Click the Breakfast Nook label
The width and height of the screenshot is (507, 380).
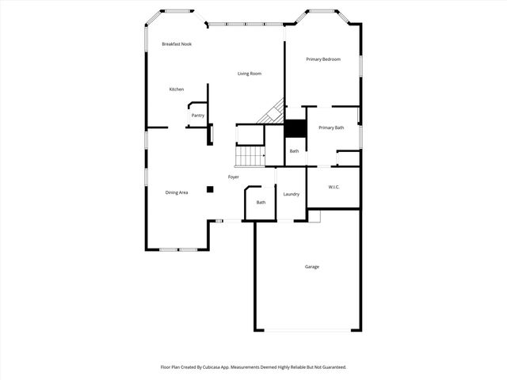177,44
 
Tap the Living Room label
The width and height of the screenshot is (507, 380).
250,74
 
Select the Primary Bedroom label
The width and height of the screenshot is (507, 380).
323,59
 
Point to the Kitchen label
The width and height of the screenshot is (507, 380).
177,89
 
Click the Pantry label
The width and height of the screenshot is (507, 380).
197,116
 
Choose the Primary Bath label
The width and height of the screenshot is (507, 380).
331,127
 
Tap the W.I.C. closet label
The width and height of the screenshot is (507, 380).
334,187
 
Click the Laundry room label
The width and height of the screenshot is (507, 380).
291,194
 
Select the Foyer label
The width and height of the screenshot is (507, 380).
234,177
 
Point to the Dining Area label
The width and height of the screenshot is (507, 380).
177,192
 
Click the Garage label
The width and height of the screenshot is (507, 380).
312,267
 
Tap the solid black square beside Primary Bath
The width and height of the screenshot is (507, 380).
295,129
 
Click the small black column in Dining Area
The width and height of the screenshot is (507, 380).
210,189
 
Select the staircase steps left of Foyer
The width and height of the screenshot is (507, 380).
251,156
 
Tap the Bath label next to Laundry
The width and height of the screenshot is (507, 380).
261,203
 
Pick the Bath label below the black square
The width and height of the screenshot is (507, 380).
294,151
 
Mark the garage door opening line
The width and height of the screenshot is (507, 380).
307,330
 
